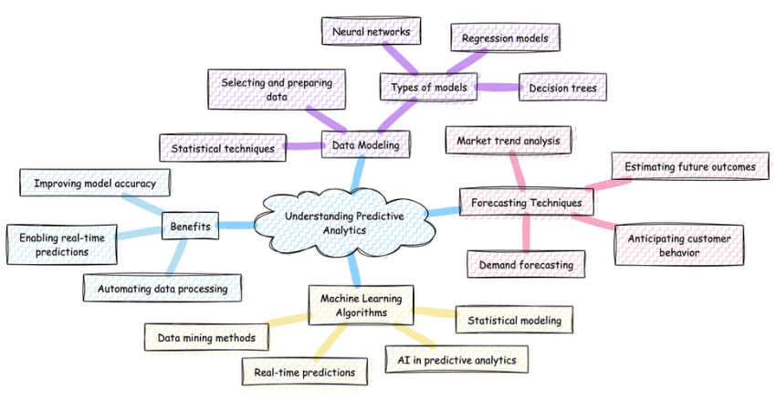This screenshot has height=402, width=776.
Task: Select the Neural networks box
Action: (x=371, y=31)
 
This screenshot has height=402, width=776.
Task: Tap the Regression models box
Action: (x=506, y=37)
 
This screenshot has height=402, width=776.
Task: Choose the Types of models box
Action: (x=428, y=88)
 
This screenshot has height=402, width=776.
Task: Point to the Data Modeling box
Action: (x=366, y=143)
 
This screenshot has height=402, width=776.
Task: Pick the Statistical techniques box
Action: (x=222, y=147)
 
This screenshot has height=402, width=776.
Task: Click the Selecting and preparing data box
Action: (x=269, y=90)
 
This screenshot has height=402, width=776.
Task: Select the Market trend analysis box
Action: (x=509, y=142)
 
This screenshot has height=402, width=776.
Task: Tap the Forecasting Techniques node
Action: (x=527, y=200)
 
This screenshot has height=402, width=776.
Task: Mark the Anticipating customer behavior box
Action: (x=685, y=245)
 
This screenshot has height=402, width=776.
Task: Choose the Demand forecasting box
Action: (x=526, y=265)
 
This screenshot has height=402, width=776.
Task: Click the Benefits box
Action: (x=190, y=225)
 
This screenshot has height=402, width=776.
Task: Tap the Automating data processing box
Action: (x=162, y=289)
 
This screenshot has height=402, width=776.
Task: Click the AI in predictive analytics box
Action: (x=456, y=360)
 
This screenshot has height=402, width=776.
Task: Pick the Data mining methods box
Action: (x=207, y=337)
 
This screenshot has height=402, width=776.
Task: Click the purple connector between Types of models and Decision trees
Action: (x=498, y=88)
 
